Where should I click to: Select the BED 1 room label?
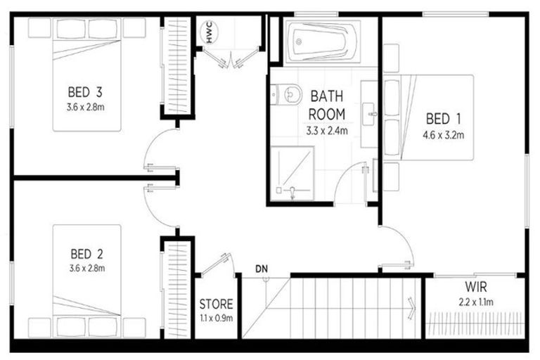[x=443, y=119]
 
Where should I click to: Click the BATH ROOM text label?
[x=327, y=104]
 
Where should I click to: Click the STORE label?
[x=216, y=304]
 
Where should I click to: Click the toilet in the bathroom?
[x=285, y=94]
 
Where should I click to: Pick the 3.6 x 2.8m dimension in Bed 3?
[x=86, y=107]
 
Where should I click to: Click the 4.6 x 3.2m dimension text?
[x=443, y=135]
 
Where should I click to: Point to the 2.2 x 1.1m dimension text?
[x=476, y=302]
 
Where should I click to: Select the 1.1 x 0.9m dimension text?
[x=216, y=318]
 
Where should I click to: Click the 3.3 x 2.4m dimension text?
[x=327, y=130]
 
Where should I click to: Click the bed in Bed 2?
[x=87, y=281]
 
